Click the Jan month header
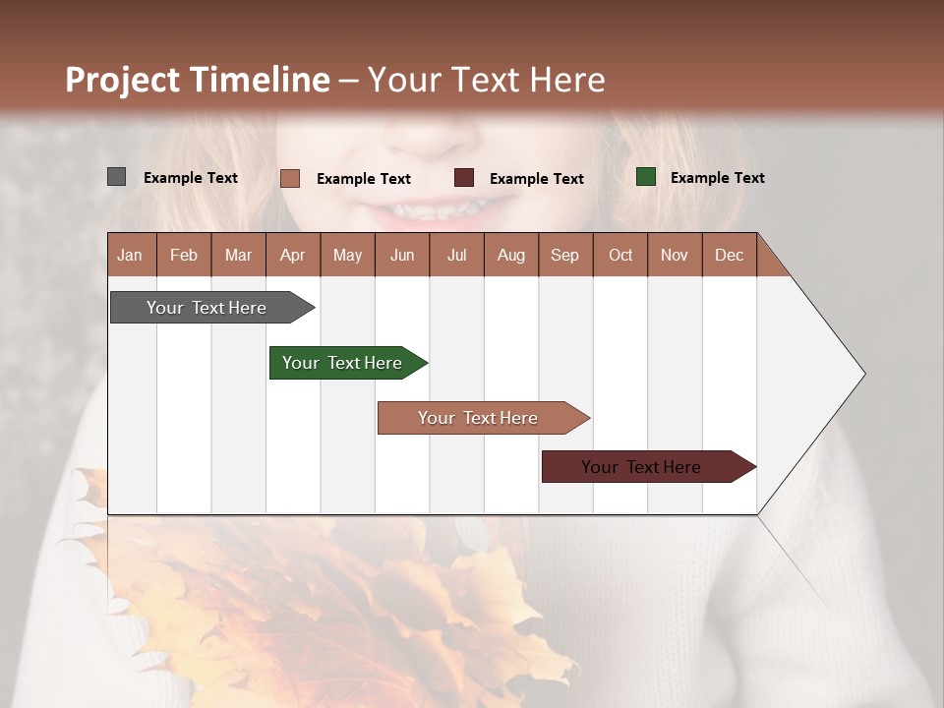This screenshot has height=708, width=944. [x=130, y=255]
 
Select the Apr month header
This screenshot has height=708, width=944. [x=292, y=255]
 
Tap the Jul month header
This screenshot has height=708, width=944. [x=456, y=255]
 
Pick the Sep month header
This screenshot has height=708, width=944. [x=564, y=255]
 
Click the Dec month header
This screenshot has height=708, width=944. [x=729, y=255]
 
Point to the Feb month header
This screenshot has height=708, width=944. [x=184, y=255]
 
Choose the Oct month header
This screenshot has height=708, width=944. [x=620, y=255]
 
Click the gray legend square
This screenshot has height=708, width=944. [x=116, y=177]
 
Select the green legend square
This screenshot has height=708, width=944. [x=646, y=177]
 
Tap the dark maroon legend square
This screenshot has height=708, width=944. [x=464, y=178]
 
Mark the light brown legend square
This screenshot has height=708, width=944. [x=290, y=178]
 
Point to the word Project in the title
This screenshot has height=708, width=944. [x=121, y=80]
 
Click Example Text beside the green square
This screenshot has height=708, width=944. [x=717, y=177]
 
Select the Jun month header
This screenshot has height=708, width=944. [x=401, y=255]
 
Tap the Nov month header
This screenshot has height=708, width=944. [x=675, y=255]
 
